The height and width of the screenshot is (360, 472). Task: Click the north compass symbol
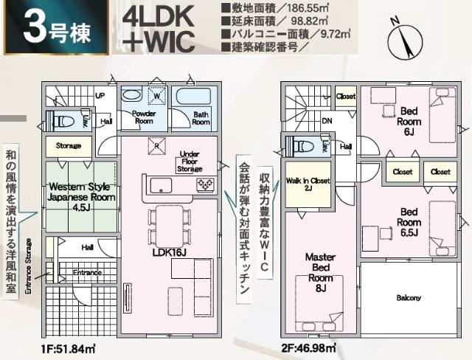pos(403,38)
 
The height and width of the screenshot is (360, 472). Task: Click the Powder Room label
pos(143,118)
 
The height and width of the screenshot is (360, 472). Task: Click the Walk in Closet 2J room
pos(309,185)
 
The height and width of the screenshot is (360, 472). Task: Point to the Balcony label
pos(409,298)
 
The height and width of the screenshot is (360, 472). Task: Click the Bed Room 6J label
pos(409,117)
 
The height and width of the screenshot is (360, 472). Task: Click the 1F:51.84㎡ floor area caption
pos(64,347)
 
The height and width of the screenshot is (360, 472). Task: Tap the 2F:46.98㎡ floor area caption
pos(308,347)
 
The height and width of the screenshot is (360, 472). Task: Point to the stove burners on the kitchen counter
pos(204,184)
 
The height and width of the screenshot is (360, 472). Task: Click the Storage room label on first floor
pos(69,146)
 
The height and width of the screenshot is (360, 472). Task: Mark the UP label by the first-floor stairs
pos(100,96)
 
